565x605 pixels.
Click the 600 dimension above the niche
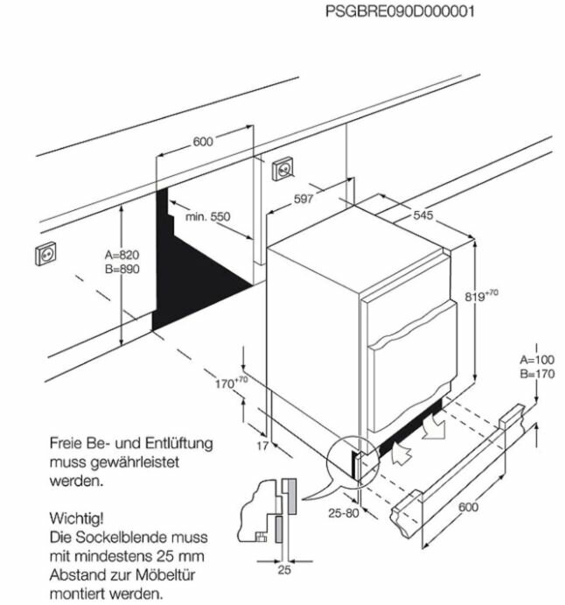pyautogui.click(x=203, y=143)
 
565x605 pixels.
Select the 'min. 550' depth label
pyautogui.click(x=207, y=215)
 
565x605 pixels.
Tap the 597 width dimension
pyautogui.click(x=303, y=199)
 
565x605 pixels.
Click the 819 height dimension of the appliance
pyautogui.click(x=479, y=296)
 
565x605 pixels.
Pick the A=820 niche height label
pyautogui.click(x=122, y=255)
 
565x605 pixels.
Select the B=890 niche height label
pyautogui.click(x=122, y=269)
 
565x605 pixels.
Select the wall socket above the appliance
pyautogui.click(x=284, y=167)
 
